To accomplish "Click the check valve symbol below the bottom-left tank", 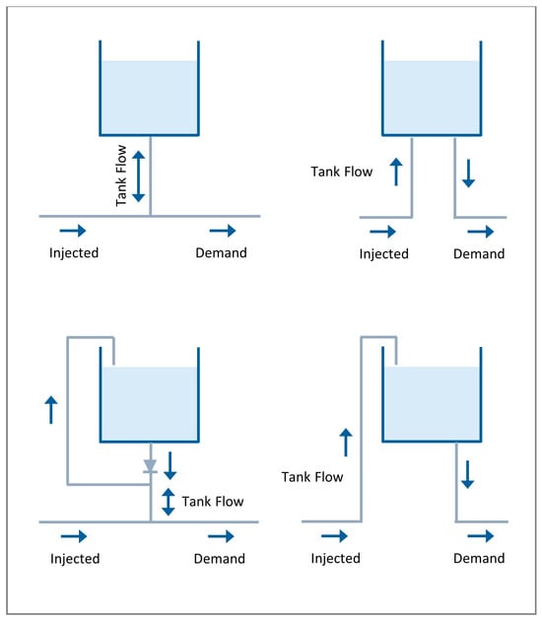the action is pyautogui.click(x=150, y=466).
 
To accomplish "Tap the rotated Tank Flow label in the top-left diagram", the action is pyautogui.click(x=121, y=175).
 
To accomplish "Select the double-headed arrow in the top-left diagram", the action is pyautogui.click(x=138, y=176).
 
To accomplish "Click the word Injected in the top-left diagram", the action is pyautogui.click(x=74, y=253).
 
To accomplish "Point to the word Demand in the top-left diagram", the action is pyautogui.click(x=222, y=252).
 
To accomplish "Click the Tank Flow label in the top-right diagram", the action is pyautogui.click(x=342, y=172).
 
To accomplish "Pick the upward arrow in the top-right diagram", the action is pyautogui.click(x=396, y=172).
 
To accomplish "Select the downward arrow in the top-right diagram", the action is pyautogui.click(x=469, y=173).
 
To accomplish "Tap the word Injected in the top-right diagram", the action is pyautogui.click(x=384, y=254).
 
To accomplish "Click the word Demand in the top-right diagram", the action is pyautogui.click(x=479, y=254).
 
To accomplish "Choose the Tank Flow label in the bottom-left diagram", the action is pyautogui.click(x=213, y=502).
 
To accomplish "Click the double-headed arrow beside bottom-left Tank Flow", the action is pyautogui.click(x=169, y=502).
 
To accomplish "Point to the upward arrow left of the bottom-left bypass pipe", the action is pyautogui.click(x=51, y=410).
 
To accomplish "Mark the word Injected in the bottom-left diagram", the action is pyautogui.click(x=75, y=559).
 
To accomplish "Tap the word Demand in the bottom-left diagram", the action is pyautogui.click(x=220, y=559).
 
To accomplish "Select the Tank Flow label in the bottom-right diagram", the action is pyautogui.click(x=312, y=477).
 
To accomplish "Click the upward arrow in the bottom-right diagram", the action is pyautogui.click(x=346, y=443).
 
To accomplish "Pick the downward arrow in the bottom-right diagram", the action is pyautogui.click(x=468, y=474).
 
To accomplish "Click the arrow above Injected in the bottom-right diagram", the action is pyautogui.click(x=334, y=536).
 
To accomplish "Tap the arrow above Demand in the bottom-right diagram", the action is pyautogui.click(x=481, y=536).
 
